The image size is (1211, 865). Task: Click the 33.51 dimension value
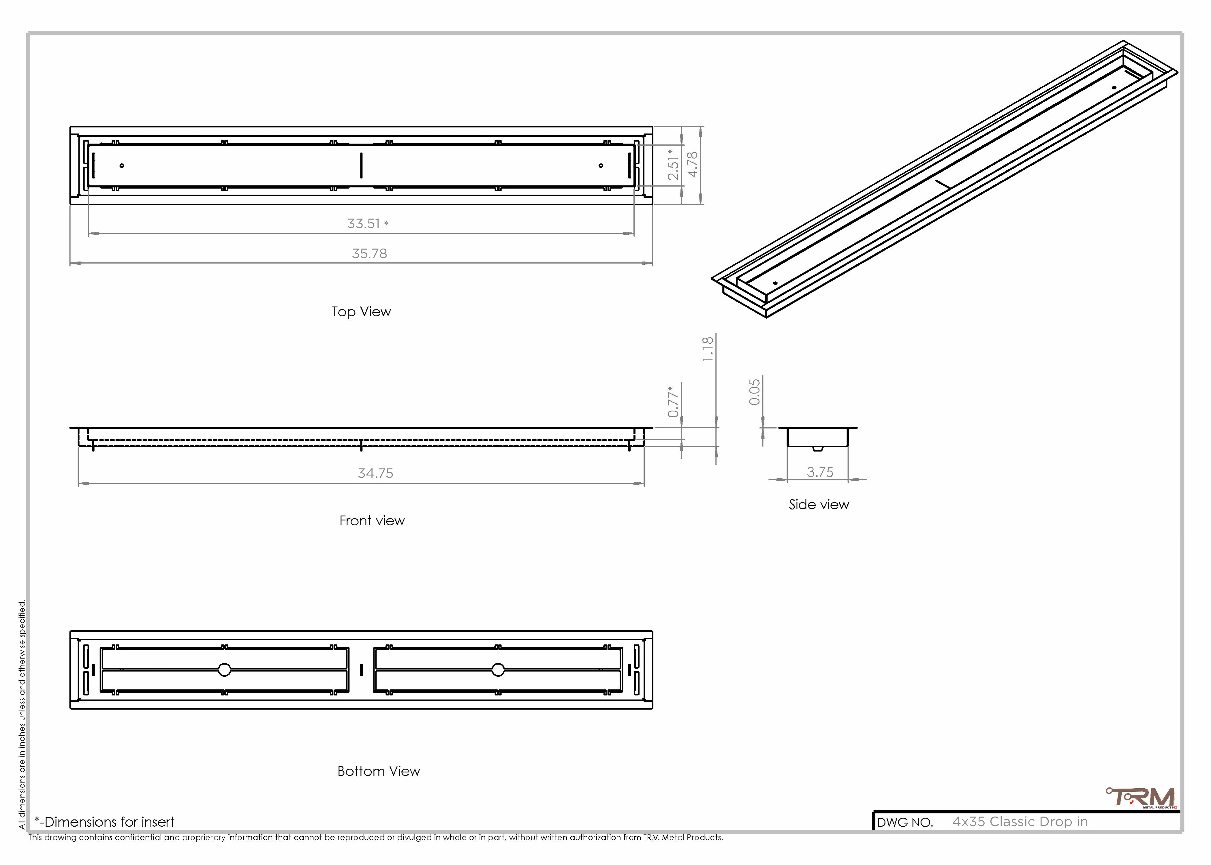click(364, 224)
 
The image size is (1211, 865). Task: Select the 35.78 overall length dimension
click(369, 253)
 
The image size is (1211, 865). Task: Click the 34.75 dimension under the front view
click(375, 473)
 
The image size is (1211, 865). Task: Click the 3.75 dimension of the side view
click(820, 472)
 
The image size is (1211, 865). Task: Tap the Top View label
click(361, 312)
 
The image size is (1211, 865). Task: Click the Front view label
click(372, 520)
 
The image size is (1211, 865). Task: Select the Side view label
click(819, 504)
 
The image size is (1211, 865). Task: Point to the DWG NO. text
click(905, 822)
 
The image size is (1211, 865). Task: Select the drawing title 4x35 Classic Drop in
click(1020, 821)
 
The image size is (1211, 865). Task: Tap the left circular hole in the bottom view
click(224, 670)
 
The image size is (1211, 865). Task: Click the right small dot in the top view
click(601, 166)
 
